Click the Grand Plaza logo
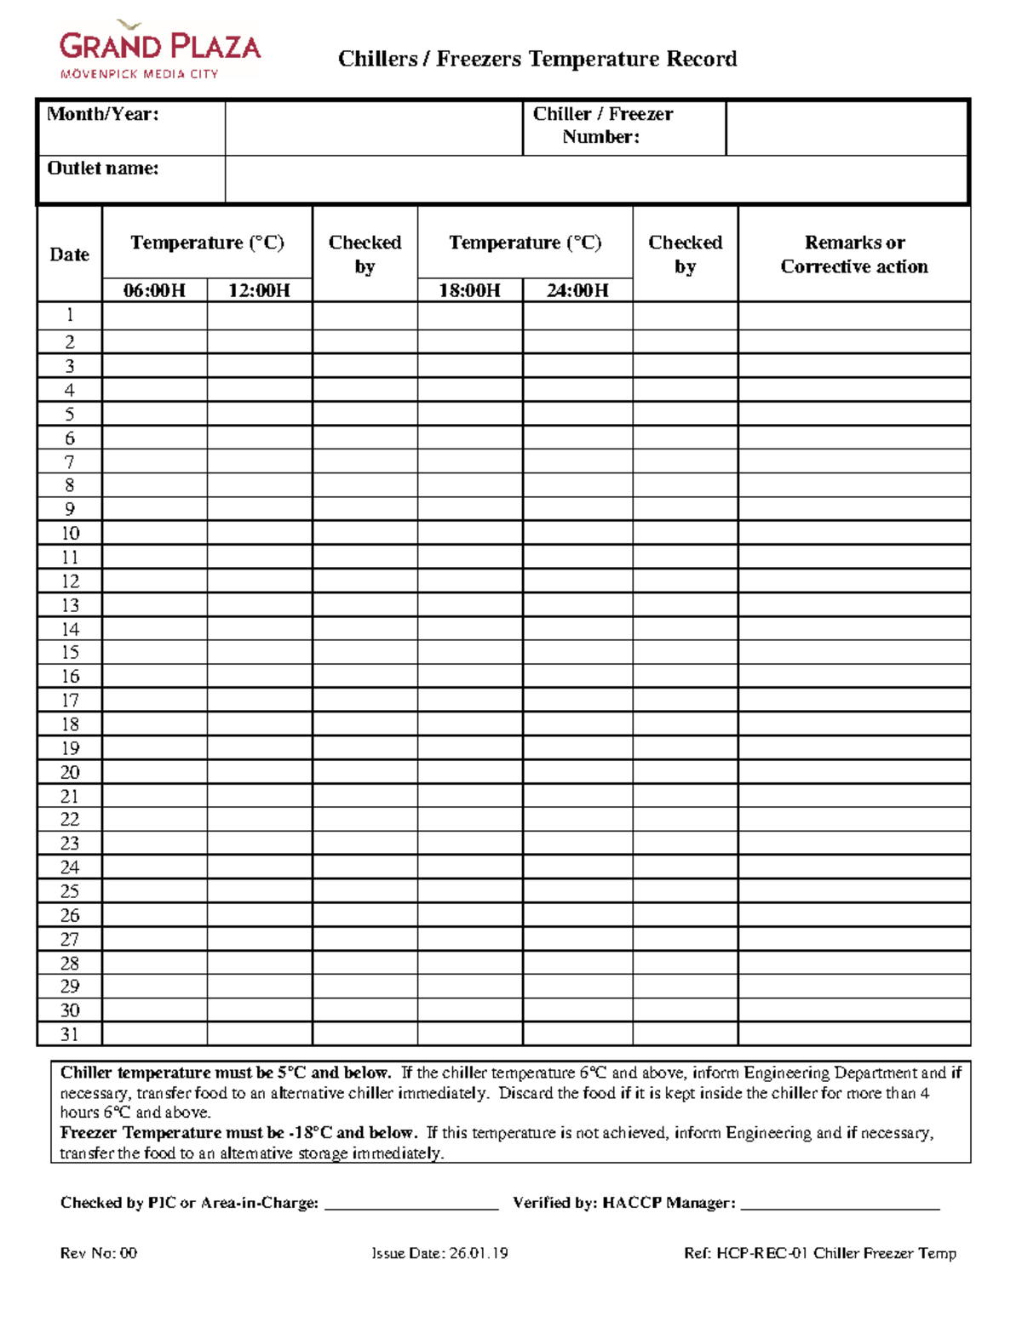(x=159, y=51)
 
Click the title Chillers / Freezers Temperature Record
(x=537, y=59)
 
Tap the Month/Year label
(x=103, y=114)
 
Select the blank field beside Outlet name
(x=596, y=180)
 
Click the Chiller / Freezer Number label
(x=602, y=125)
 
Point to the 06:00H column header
(x=154, y=290)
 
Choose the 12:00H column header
(x=259, y=290)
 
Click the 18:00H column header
(x=469, y=290)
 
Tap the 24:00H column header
(x=577, y=290)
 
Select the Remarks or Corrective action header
(x=854, y=255)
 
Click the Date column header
(x=69, y=255)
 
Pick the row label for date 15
(x=69, y=652)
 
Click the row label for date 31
(x=69, y=1034)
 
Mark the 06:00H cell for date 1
(x=154, y=316)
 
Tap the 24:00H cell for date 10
(x=577, y=533)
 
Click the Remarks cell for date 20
(x=854, y=772)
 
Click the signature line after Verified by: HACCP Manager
(x=840, y=1203)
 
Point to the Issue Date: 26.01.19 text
(x=439, y=1253)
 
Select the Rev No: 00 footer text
(x=99, y=1253)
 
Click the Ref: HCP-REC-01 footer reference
(x=819, y=1253)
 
